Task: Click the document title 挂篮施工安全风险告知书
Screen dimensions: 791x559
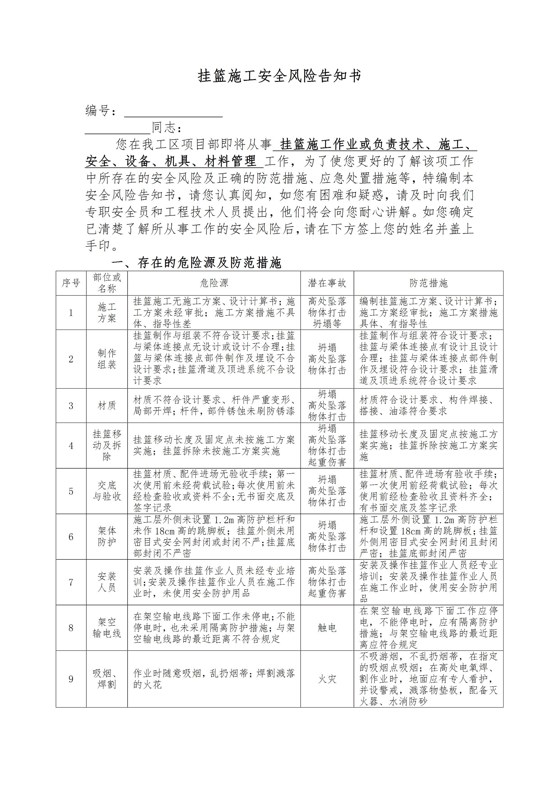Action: [279, 76]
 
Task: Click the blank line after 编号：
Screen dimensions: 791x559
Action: [173, 112]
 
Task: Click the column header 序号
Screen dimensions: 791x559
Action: [71, 283]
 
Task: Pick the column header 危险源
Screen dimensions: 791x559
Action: [214, 283]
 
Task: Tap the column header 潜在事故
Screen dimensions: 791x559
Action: [327, 283]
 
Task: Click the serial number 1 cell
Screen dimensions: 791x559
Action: [71, 313]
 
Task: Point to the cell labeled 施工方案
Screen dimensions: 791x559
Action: [107, 313]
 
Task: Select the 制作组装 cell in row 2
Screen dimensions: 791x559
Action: [107, 359]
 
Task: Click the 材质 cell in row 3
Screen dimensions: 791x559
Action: [107, 405]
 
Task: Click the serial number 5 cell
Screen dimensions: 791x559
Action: [71, 491]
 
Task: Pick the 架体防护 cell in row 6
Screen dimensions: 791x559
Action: [107, 536]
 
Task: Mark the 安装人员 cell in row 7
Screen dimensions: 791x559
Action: [107, 582]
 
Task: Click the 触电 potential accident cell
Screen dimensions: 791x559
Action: [327, 628]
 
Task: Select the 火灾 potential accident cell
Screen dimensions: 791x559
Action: [327, 679]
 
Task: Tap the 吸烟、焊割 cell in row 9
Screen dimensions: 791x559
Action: [107, 679]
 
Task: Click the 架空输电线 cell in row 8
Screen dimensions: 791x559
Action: [107, 628]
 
